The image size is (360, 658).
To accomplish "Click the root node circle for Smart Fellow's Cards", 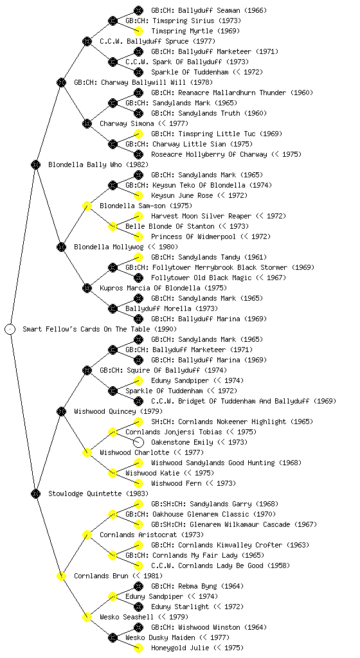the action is click(10, 329).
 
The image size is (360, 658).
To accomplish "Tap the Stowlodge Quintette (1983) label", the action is click(98, 493).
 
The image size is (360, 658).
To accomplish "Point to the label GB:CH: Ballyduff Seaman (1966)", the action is click(209, 10).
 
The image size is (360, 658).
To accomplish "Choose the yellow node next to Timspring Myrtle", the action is click(138, 31).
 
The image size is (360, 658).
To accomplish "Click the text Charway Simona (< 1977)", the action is click(144, 123).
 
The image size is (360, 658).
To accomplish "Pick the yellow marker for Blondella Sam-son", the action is click(87, 206).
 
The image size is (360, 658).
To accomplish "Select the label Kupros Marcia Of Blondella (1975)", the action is click(163, 288).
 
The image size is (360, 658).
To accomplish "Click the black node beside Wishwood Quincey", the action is click(61, 411).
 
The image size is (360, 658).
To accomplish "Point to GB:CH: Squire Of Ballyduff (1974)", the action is click(163, 370).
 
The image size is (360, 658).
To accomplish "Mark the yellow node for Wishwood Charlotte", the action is click(87, 452).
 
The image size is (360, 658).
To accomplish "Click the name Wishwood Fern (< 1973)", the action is click(194, 483).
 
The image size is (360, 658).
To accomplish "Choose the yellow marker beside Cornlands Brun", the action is click(61, 576).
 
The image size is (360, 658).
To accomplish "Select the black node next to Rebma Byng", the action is click(138, 586).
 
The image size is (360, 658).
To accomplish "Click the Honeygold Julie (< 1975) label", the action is click(197, 648).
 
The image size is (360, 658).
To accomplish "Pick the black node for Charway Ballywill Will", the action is click(61, 82).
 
